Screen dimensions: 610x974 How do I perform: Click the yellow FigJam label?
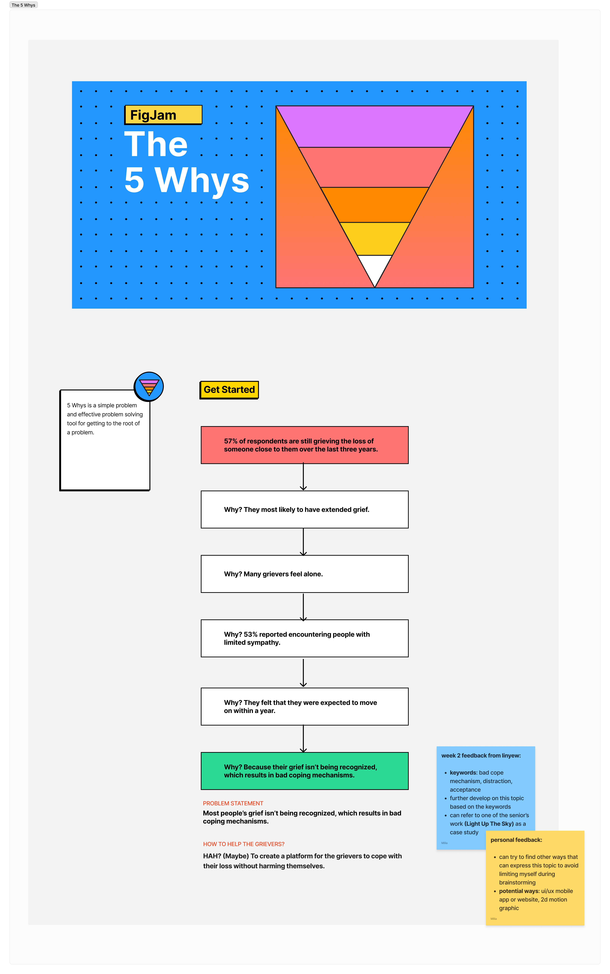click(163, 115)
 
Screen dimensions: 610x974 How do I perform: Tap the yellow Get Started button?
click(229, 390)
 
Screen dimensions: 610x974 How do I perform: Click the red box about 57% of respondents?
click(305, 445)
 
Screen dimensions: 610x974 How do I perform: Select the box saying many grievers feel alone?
click(305, 574)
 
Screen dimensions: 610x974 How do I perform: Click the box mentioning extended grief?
click(305, 510)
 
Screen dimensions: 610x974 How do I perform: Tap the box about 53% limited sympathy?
click(305, 638)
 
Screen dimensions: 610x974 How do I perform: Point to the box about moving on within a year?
click(305, 706)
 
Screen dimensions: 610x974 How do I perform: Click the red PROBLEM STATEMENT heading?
click(233, 803)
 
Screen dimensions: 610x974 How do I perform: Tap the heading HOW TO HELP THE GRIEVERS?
click(244, 844)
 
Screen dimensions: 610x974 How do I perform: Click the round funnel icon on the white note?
click(149, 387)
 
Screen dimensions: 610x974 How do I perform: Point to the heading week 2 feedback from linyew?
click(481, 756)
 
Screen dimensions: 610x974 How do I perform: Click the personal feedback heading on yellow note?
click(516, 840)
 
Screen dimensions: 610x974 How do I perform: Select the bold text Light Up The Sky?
click(489, 824)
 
